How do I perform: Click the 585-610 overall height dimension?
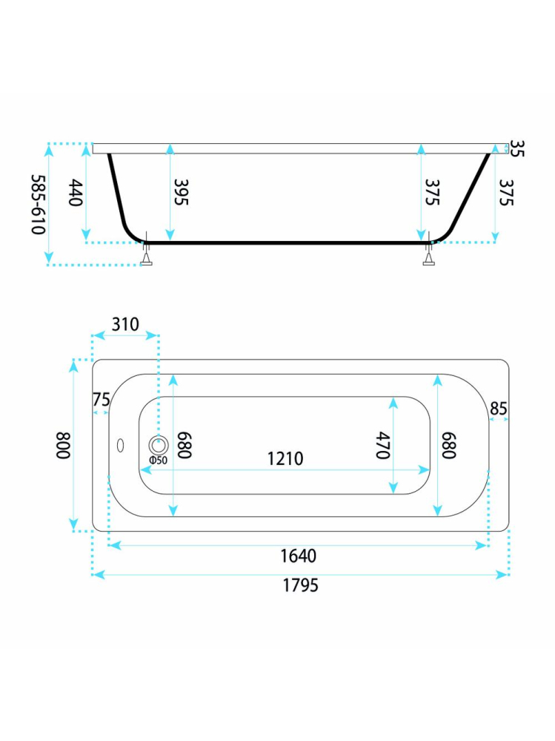[39, 204]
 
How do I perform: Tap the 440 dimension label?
[76, 192]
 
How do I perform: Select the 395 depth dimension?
[182, 192]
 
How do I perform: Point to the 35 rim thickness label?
[517, 148]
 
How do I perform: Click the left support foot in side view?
[147, 255]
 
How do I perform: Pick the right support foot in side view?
[428, 255]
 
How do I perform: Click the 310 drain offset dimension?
[125, 325]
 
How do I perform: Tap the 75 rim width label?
[101, 400]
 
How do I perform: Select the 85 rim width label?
[499, 408]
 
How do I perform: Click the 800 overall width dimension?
[63, 445]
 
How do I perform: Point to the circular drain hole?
[159, 445]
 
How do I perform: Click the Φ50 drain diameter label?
[158, 461]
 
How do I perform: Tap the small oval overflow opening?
[120, 445]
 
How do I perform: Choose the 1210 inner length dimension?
[285, 458]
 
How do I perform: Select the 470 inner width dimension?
[383, 445]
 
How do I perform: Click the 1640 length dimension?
[299, 556]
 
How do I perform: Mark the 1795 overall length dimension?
[301, 585]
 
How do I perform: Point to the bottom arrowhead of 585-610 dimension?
[49, 258]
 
